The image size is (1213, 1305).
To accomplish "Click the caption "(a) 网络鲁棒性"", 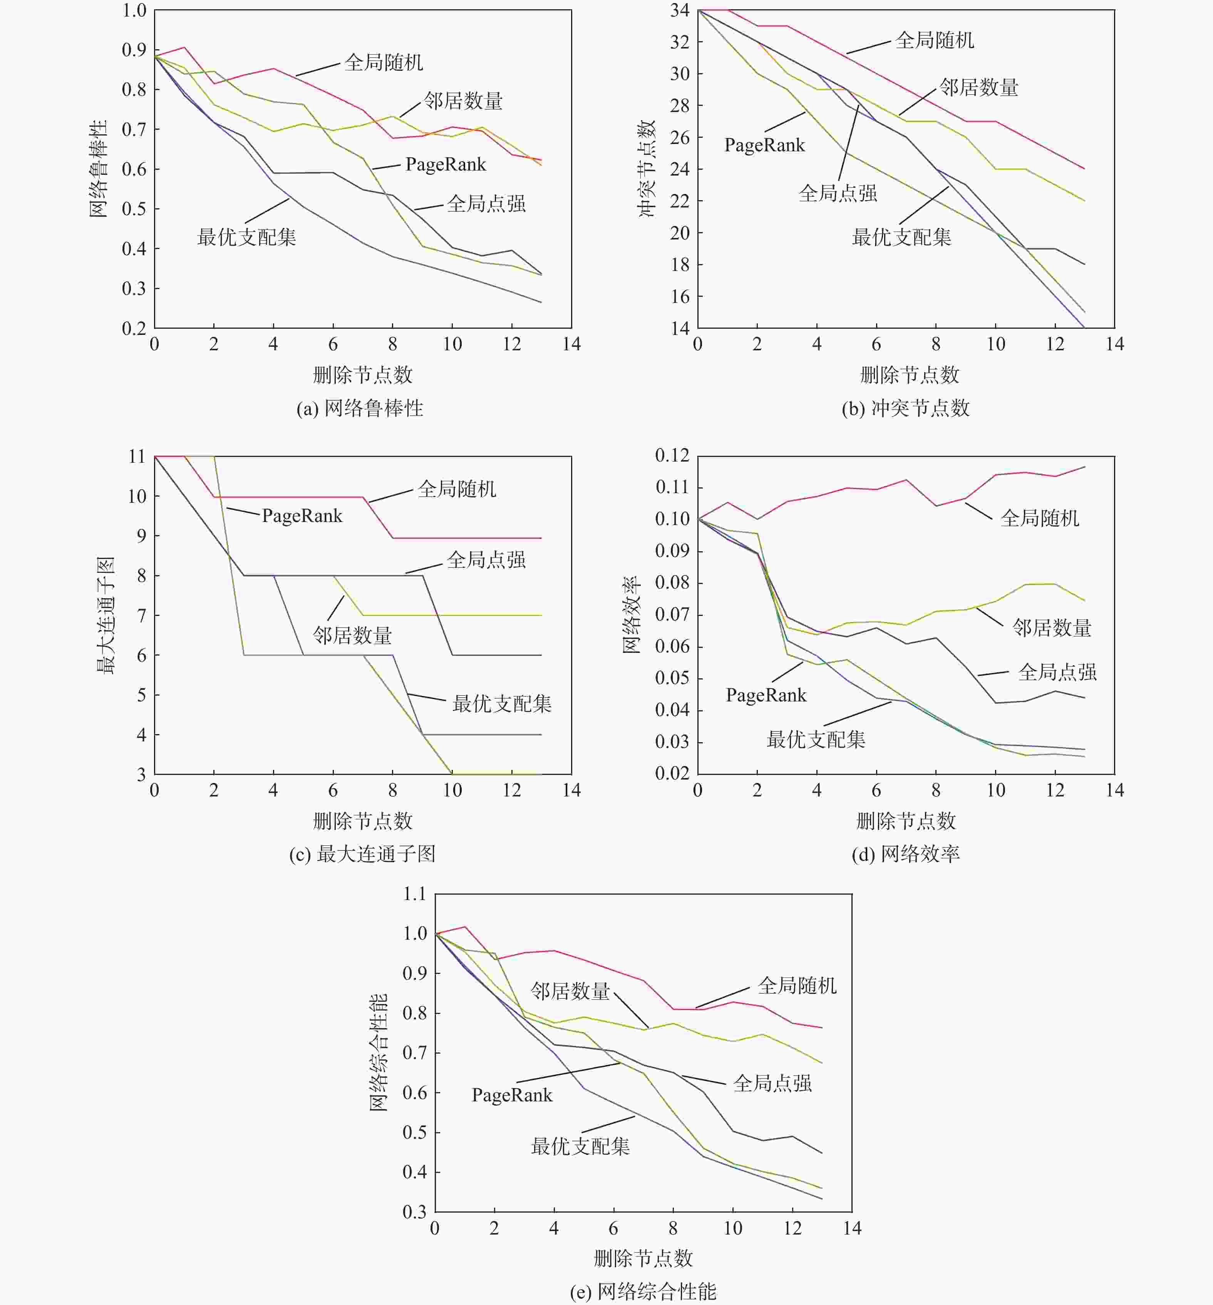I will click(x=360, y=408).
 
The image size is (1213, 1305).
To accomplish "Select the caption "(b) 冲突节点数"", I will click(x=905, y=408).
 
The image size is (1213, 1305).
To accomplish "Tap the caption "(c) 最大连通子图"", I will click(x=362, y=853).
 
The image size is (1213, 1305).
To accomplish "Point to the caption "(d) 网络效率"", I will click(x=905, y=853).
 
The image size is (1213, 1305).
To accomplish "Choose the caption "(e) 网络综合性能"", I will click(x=643, y=1291).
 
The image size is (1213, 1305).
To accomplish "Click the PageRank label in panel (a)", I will click(x=446, y=165).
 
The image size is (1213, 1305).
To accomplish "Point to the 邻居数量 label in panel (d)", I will click(x=1052, y=628).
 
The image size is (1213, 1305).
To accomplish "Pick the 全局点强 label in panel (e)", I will click(x=772, y=1083).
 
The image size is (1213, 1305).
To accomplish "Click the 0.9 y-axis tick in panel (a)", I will click(x=134, y=50).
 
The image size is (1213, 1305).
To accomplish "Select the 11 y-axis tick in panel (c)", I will click(x=137, y=457).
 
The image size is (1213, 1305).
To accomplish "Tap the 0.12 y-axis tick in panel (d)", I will click(x=672, y=455).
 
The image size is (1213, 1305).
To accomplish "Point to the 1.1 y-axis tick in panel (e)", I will click(x=414, y=893).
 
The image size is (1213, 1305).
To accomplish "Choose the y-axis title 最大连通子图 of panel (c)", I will click(x=106, y=616).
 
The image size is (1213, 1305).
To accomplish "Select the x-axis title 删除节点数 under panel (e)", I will click(x=643, y=1258).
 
